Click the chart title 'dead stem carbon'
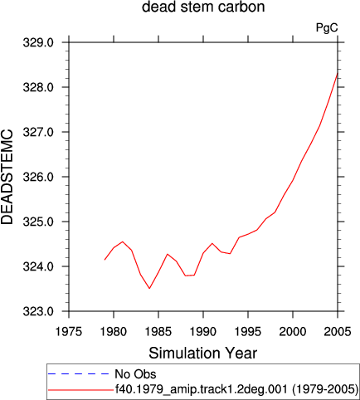(203, 7)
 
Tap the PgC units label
(327, 27)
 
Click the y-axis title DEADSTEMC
(7, 177)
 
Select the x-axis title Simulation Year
(203, 353)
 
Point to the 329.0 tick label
(38, 42)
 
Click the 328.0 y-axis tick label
(38, 87)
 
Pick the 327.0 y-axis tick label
(38, 132)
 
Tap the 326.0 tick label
(38, 177)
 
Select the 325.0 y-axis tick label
(38, 222)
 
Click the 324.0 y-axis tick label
(38, 266)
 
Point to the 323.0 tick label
(38, 311)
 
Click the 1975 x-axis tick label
(69, 331)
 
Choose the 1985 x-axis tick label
(158, 331)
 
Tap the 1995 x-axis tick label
(248, 331)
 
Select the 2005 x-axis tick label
(338, 331)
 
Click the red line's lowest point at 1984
(149, 288)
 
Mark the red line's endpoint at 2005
(338, 73)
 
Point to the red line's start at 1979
(105, 260)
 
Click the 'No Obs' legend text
(135, 374)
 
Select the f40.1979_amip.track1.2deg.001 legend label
(201, 389)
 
